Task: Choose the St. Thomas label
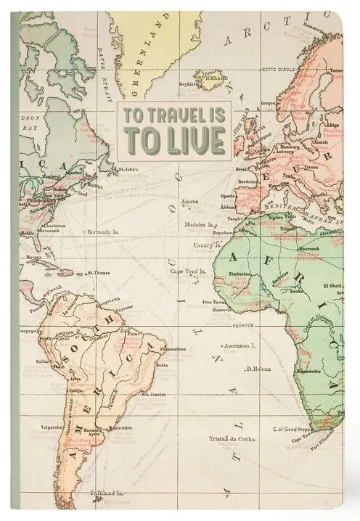(x=98, y=274)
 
